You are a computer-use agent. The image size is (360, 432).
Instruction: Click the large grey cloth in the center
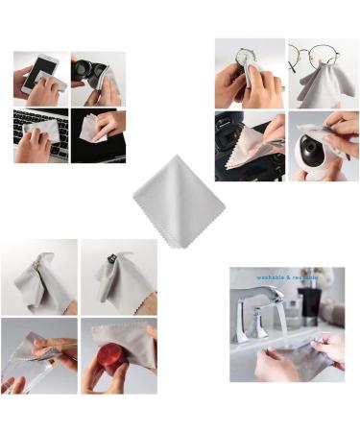(x=179, y=200)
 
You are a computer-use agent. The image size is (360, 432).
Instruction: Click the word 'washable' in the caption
(x=272, y=277)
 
